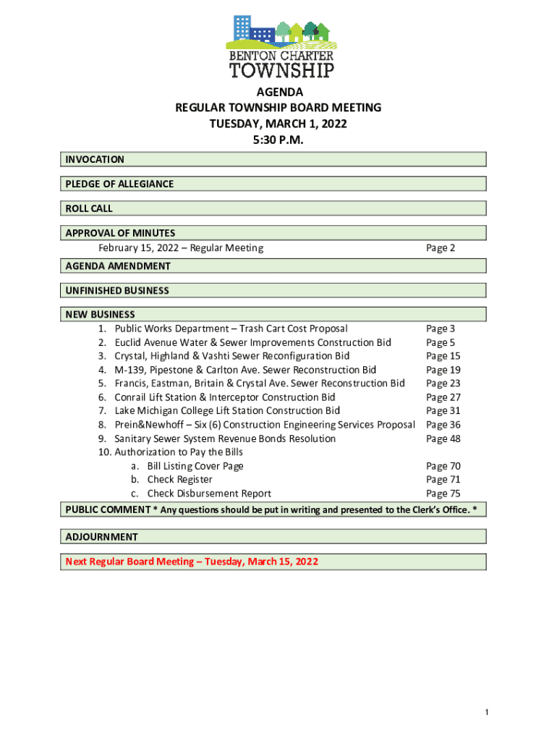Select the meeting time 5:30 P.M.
click(x=278, y=140)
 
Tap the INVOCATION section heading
click(x=95, y=159)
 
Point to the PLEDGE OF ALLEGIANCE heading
click(x=119, y=184)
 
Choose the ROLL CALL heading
click(x=89, y=208)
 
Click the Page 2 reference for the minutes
click(x=441, y=248)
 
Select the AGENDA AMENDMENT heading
click(x=118, y=266)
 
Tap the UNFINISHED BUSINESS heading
click(x=117, y=290)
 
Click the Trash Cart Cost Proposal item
click(x=231, y=329)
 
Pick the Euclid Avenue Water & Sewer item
click(x=252, y=342)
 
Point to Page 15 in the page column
click(x=443, y=356)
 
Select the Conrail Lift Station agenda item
click(x=224, y=397)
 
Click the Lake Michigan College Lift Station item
click(x=227, y=411)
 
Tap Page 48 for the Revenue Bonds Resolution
click(x=443, y=439)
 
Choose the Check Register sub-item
click(x=179, y=479)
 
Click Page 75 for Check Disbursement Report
click(x=443, y=494)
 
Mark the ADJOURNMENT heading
click(x=101, y=537)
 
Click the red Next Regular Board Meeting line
click(x=192, y=562)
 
